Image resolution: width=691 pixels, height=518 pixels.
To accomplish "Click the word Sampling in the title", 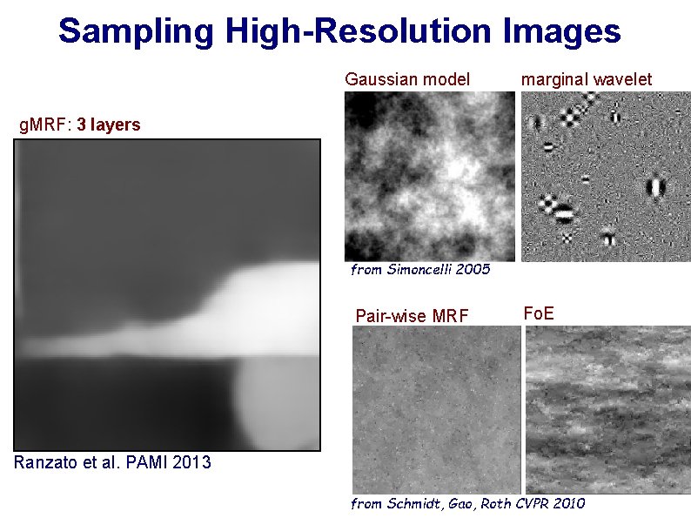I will click(x=136, y=31).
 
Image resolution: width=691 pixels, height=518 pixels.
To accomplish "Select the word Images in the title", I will click(x=561, y=31).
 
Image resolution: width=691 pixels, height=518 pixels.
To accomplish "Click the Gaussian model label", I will click(x=407, y=79).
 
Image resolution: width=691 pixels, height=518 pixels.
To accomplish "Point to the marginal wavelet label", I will click(x=586, y=79).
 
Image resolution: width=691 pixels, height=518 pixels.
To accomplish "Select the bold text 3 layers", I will click(x=108, y=124).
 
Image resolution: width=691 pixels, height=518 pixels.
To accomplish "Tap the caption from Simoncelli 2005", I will click(x=420, y=270).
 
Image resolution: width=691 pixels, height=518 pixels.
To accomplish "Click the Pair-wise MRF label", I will click(x=412, y=315).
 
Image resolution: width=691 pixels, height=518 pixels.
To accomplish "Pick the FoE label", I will click(x=538, y=312).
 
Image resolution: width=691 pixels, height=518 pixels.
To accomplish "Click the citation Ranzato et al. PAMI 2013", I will click(x=112, y=461).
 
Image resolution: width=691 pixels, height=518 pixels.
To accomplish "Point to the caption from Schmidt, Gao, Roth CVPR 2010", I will click(x=467, y=503).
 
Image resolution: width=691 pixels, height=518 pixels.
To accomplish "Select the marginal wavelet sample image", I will click(x=606, y=176).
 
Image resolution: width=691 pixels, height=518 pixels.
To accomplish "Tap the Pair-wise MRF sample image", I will click(x=435, y=409).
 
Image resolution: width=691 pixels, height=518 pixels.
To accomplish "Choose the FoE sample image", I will click(x=606, y=409).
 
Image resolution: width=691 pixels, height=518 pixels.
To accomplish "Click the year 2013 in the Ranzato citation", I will click(x=191, y=461).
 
